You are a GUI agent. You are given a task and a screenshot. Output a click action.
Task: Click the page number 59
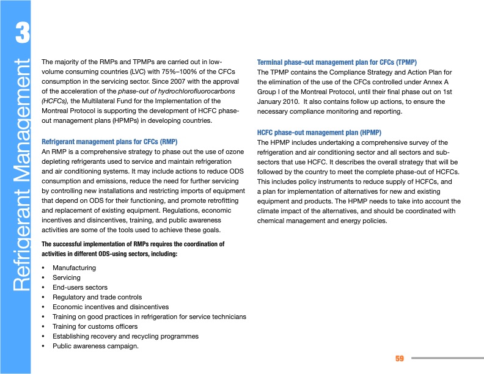pyautogui.click(x=400, y=358)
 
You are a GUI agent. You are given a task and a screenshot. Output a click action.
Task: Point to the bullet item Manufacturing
pyautogui.click(x=74, y=268)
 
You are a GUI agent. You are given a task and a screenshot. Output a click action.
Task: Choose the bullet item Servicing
pyautogui.click(x=66, y=277)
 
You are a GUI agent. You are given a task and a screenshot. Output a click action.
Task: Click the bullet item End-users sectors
pyautogui.click(x=79, y=287)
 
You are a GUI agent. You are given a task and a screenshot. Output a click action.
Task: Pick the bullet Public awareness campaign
pyautogui.click(x=95, y=346)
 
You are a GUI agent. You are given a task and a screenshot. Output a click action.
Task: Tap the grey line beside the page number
pyautogui.click(x=447, y=358)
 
